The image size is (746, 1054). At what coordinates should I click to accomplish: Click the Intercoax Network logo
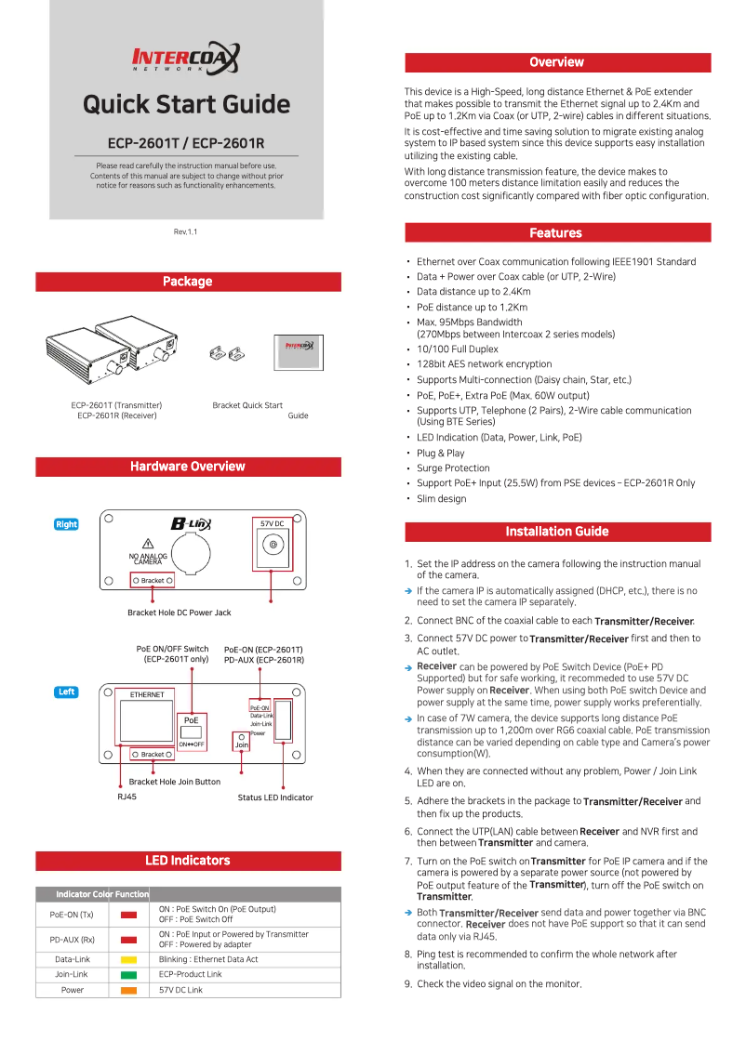[x=186, y=58]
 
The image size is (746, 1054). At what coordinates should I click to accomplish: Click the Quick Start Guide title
[x=186, y=104]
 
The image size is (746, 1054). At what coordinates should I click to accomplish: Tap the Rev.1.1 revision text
[x=186, y=231]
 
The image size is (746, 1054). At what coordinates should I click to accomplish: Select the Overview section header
[x=556, y=62]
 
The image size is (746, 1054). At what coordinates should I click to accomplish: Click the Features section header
[x=556, y=233]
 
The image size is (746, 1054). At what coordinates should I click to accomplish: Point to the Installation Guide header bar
[x=556, y=532]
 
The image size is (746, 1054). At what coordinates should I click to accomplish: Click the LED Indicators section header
[x=188, y=861]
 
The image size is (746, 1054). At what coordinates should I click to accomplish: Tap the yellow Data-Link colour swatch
[x=128, y=959]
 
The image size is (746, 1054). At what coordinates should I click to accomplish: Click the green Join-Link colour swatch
[x=128, y=974]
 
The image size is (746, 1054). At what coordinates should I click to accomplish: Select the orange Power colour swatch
[x=128, y=990]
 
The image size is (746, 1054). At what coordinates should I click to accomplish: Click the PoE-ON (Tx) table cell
[x=72, y=915]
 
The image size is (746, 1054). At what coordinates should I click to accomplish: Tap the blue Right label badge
[x=67, y=524]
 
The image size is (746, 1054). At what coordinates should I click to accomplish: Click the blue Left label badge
[x=67, y=692]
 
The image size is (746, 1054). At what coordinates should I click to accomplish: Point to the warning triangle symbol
[x=147, y=544]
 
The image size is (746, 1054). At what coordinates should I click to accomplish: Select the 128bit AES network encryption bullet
[x=484, y=364]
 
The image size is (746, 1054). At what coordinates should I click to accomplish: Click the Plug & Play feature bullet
[x=440, y=454]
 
